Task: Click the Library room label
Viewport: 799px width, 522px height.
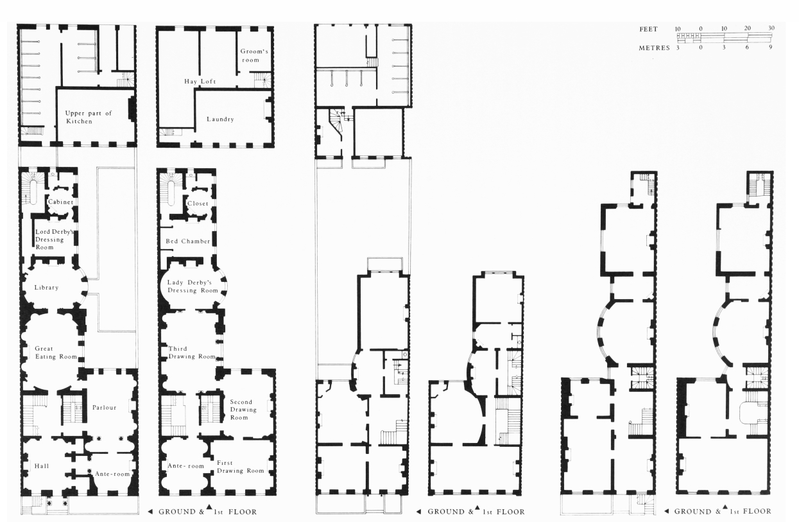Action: pyautogui.click(x=46, y=287)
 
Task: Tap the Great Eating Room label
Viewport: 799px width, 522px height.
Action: pyautogui.click(x=56, y=352)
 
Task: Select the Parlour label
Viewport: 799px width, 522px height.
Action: pyautogui.click(x=104, y=408)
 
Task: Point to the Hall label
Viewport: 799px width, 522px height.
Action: pyautogui.click(x=42, y=466)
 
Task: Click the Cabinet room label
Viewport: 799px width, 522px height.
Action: pyautogui.click(x=60, y=202)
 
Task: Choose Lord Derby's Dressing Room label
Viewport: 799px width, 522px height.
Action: pyautogui.click(x=54, y=239)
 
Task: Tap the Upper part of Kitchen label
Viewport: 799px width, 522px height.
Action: pyautogui.click(x=88, y=117)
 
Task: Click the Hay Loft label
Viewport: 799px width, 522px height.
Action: pyautogui.click(x=200, y=82)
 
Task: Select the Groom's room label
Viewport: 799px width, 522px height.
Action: pyautogui.click(x=254, y=56)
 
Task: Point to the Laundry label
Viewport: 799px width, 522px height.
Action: pyautogui.click(x=220, y=119)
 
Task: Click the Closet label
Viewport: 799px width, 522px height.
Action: pyautogui.click(x=198, y=204)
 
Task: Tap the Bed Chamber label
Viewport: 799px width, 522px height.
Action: pyautogui.click(x=188, y=241)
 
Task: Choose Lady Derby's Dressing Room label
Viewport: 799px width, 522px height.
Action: pyautogui.click(x=193, y=286)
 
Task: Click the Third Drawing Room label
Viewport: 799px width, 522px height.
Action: pyautogui.click(x=192, y=352)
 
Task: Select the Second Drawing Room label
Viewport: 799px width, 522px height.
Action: pyautogui.click(x=243, y=410)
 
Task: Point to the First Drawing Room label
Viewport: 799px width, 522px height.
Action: pyautogui.click(x=241, y=467)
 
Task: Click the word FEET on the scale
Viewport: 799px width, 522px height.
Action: pyautogui.click(x=648, y=30)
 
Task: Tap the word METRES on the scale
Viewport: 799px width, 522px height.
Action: pyautogui.click(x=654, y=48)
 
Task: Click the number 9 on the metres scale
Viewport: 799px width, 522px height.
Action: pyautogui.click(x=771, y=47)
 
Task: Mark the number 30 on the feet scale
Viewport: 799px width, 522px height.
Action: pyautogui.click(x=771, y=28)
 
